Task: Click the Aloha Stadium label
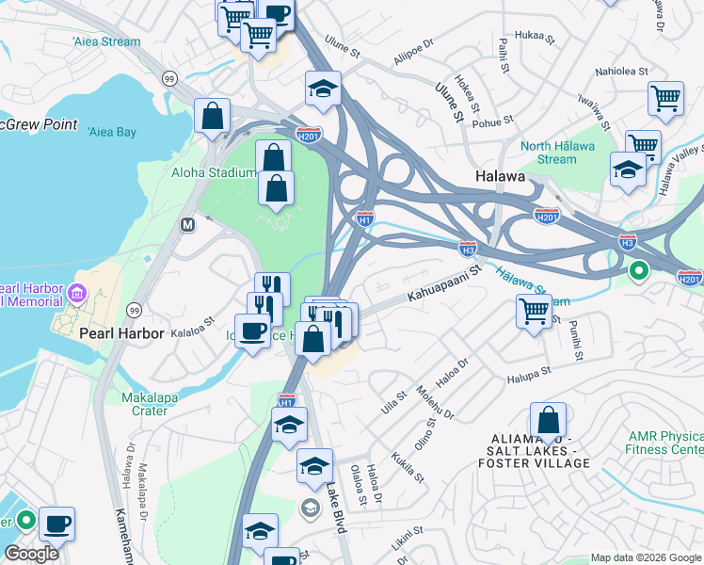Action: pyautogui.click(x=214, y=172)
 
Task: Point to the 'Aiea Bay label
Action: pyautogui.click(x=112, y=132)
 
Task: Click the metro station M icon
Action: pyautogui.click(x=187, y=224)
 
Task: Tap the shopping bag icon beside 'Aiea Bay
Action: pyautogui.click(x=213, y=117)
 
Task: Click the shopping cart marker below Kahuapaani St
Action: pyautogui.click(x=534, y=310)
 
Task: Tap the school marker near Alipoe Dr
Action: pyautogui.click(x=322, y=89)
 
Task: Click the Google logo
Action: pyautogui.click(x=32, y=554)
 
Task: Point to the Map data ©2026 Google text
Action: pyautogui.click(x=645, y=557)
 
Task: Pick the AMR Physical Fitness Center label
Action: pyautogui.click(x=664, y=443)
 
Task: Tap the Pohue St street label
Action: pyautogui.click(x=493, y=121)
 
